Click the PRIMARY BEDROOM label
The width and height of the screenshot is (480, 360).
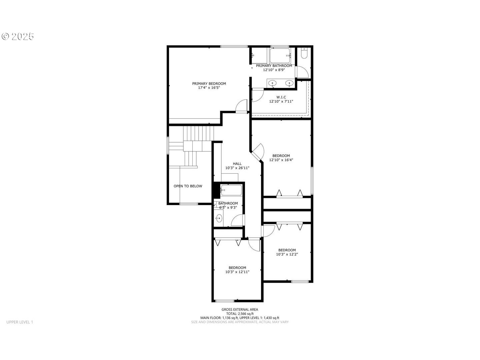pyautogui.click(x=209, y=83)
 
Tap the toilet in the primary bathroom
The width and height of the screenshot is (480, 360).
pyautogui.click(x=304, y=53)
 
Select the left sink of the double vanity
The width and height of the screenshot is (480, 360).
pyautogui.click(x=272, y=83)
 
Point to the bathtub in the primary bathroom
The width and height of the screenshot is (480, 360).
pyautogui.click(x=280, y=56)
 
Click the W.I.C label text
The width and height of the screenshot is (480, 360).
pyautogui.click(x=281, y=97)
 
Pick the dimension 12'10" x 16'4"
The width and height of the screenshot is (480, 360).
pyautogui.click(x=281, y=160)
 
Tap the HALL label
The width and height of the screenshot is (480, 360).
pyautogui.click(x=237, y=163)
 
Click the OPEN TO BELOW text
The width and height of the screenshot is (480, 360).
pyautogui.click(x=188, y=186)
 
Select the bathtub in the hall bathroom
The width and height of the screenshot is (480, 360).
pyautogui.click(x=231, y=190)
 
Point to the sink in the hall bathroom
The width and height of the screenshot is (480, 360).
pyautogui.click(x=219, y=218)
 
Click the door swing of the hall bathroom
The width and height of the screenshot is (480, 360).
pyautogui.click(x=237, y=220)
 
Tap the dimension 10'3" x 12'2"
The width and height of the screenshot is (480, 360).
pyautogui.click(x=287, y=254)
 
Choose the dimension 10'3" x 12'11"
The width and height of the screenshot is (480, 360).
pyautogui.click(x=237, y=272)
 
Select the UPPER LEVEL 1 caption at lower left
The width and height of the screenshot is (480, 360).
pyautogui.click(x=20, y=322)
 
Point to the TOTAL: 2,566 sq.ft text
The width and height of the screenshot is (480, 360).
pyautogui.click(x=240, y=314)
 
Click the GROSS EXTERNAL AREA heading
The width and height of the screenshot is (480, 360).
pyautogui.click(x=240, y=309)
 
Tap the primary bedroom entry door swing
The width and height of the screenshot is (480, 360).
pyautogui.click(x=241, y=106)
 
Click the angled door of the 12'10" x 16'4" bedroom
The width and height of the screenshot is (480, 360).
pyautogui.click(x=258, y=152)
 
